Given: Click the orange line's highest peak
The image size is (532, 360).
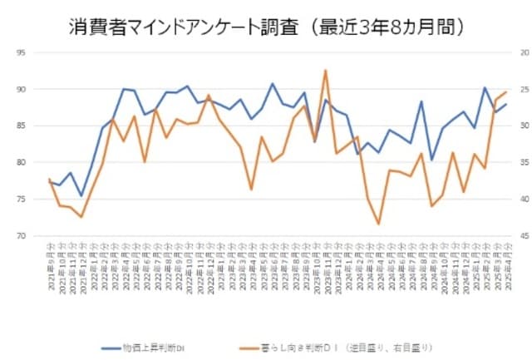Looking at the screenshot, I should tap(325, 71).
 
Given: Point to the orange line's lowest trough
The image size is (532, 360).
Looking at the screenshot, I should tap(378, 224).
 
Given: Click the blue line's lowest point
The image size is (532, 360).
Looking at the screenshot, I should tap(81, 196).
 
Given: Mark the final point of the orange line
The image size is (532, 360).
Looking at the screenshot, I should tap(506, 92).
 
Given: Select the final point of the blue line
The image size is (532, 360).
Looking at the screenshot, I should tap(506, 104).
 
